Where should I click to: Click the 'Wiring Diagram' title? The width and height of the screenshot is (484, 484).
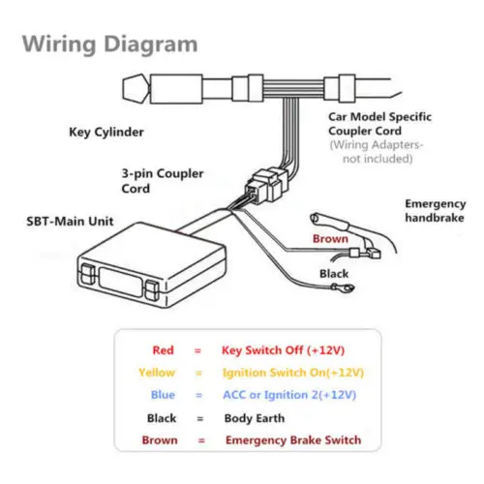109,45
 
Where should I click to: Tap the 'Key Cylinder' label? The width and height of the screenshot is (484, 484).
106,132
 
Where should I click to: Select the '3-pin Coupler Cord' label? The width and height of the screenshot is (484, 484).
163,181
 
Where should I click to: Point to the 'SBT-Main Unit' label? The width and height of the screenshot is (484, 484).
70,222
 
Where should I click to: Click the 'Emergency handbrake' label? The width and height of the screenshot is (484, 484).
436,211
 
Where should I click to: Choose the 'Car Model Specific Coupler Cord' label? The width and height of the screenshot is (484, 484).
379,124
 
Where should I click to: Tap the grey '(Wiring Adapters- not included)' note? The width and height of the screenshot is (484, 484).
377,152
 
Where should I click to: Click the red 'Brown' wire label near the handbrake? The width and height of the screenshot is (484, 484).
330,239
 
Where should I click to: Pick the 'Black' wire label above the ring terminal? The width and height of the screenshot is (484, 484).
334,274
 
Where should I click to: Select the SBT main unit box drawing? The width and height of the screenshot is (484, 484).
152,264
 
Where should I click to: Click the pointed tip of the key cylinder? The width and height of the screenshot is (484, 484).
123,88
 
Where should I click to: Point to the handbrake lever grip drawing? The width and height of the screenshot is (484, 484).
336,225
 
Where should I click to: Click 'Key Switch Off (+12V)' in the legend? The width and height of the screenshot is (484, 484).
283,350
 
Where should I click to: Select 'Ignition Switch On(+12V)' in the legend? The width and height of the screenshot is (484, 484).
293,373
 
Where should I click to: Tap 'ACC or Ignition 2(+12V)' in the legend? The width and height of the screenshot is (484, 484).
289,395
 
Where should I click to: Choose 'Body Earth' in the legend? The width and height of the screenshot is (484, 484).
255,418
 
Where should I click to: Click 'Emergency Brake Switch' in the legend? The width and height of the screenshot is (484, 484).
293,440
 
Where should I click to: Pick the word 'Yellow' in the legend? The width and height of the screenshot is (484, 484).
157,373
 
